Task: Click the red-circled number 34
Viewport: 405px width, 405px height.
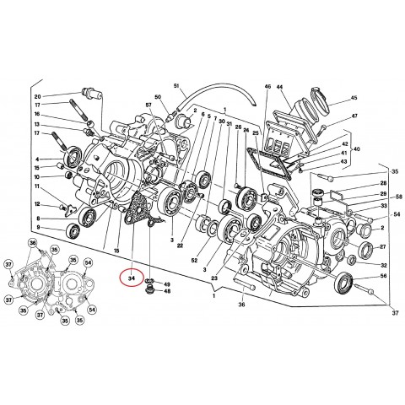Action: [132, 276]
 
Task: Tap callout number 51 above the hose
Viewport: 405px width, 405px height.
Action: [177, 87]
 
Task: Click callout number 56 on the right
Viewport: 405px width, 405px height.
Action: [382, 276]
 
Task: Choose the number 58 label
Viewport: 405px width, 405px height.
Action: [399, 197]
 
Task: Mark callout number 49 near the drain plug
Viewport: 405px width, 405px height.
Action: [166, 283]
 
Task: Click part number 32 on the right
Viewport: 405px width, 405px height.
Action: [382, 263]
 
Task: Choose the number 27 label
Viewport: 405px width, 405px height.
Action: [382, 246]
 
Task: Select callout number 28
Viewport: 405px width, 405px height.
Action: [382, 183]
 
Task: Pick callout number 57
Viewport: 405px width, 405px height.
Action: [148, 105]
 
